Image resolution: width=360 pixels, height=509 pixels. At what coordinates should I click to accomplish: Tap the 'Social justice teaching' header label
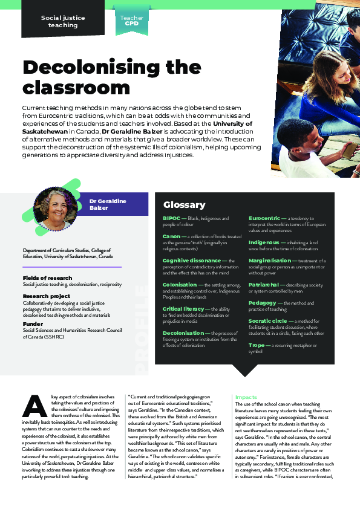(63, 22)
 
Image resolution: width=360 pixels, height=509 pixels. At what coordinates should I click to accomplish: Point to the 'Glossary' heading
(184, 205)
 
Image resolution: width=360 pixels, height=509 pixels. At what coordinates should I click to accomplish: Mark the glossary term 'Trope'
(257, 345)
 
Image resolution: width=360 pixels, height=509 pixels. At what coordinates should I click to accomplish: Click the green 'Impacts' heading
(246, 397)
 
